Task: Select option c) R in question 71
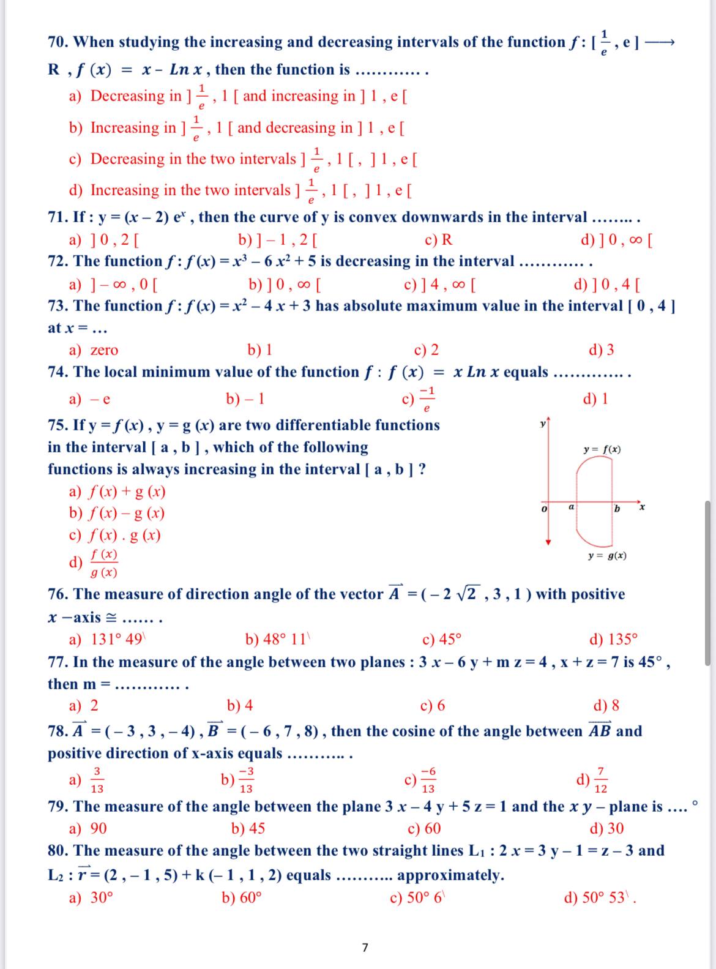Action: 439,239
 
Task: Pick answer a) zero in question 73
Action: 94,350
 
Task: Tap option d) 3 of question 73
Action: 601,350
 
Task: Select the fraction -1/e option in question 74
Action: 420,399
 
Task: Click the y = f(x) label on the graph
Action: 603,450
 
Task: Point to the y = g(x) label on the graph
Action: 606,556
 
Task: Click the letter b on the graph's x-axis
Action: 617,509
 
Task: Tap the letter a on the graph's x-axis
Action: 571,507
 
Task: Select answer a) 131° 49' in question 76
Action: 108,640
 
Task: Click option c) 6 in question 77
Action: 433,706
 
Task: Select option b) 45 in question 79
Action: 248,828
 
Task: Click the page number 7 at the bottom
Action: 365,948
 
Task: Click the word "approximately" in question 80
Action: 450,875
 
